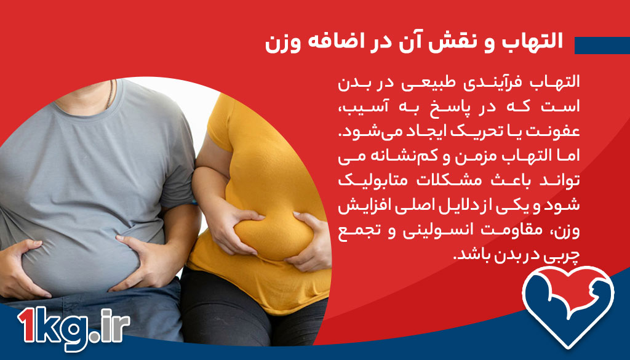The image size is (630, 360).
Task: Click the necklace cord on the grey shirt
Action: (x=111, y=92)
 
